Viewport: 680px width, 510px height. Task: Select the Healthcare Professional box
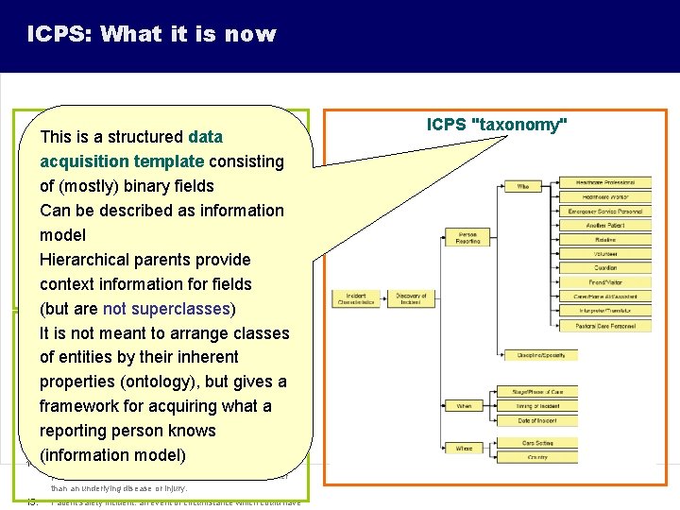click(x=605, y=182)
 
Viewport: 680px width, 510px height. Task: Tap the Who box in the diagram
click(x=522, y=186)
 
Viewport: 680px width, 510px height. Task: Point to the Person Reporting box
click(x=467, y=237)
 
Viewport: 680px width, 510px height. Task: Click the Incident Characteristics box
click(x=357, y=299)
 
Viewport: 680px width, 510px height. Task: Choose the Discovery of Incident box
click(x=411, y=299)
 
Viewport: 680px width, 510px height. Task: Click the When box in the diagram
click(x=464, y=406)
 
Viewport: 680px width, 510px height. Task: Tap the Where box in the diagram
click(x=464, y=449)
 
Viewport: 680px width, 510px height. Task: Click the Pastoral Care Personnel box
click(x=605, y=326)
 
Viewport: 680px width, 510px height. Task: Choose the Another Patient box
click(x=605, y=225)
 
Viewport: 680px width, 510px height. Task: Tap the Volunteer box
click(x=605, y=254)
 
